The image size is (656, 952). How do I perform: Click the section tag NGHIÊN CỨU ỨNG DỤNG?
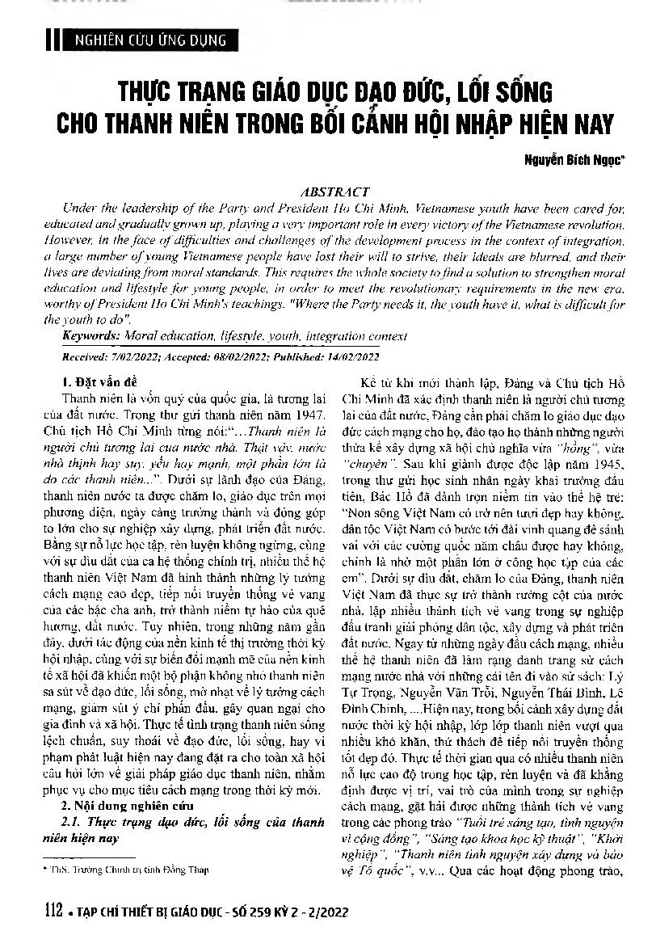(148, 40)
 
